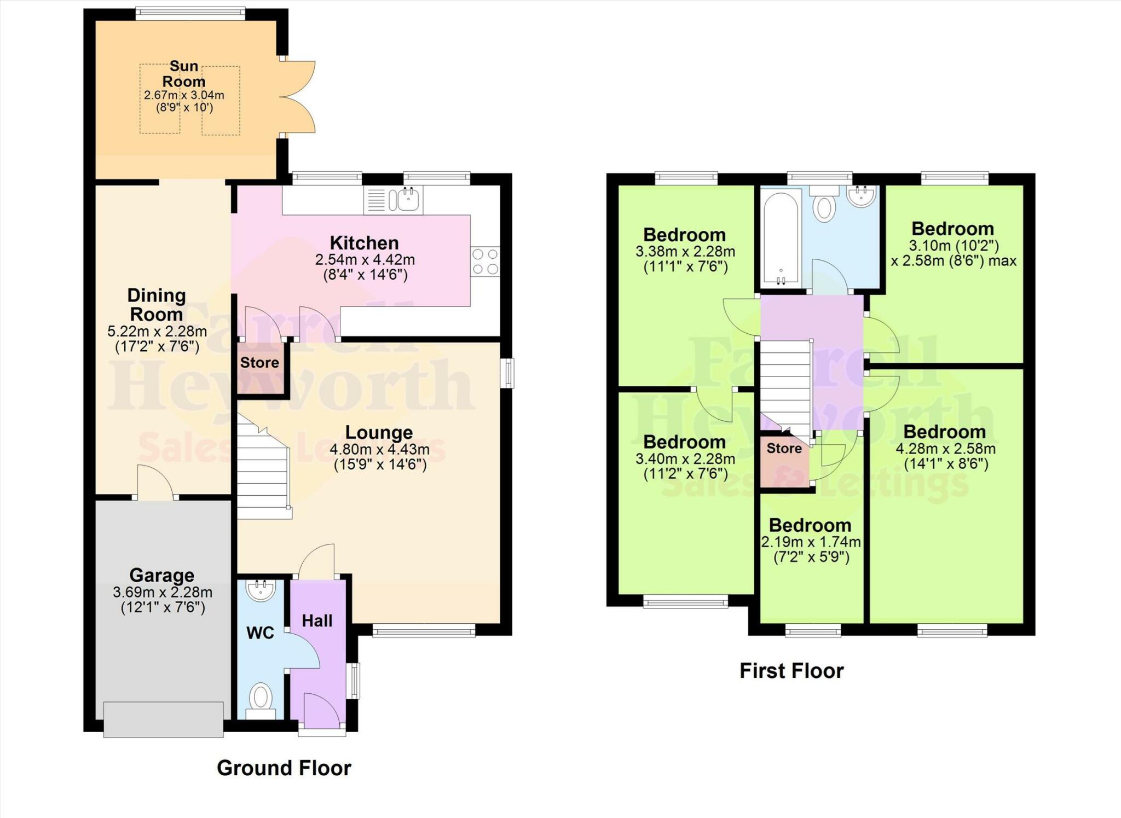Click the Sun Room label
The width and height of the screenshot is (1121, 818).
(x=184, y=74)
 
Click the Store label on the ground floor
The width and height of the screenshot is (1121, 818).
(x=259, y=363)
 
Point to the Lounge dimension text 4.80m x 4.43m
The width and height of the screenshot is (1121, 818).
(x=379, y=450)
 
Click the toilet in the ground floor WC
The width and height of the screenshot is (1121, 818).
(x=261, y=699)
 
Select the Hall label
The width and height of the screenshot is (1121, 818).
(x=317, y=621)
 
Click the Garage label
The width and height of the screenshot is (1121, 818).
(x=161, y=576)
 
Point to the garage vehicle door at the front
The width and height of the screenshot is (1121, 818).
(x=163, y=720)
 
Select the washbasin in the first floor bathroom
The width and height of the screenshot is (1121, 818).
(x=862, y=196)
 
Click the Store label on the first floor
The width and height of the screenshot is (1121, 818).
(x=784, y=449)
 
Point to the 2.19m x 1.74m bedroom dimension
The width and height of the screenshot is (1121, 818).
(x=811, y=542)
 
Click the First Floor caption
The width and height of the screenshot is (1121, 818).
(x=791, y=671)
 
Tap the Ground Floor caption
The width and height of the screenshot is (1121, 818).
(x=284, y=768)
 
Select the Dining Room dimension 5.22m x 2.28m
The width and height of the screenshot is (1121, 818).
(x=157, y=332)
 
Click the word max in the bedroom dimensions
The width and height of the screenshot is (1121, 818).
(x=1002, y=261)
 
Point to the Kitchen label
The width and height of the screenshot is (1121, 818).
(x=364, y=243)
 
